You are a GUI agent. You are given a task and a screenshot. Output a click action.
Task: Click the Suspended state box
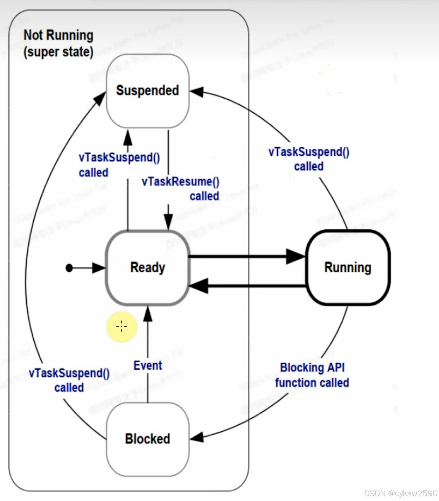tap(148, 91)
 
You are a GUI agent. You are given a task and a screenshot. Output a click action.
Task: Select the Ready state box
tap(148, 268)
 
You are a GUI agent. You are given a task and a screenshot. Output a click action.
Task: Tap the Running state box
tap(347, 268)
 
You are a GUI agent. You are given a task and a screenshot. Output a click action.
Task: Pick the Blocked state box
tap(148, 439)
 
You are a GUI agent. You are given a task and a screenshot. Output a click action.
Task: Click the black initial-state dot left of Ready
tap(69, 268)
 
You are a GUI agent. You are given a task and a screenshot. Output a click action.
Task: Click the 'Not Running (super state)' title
tap(58, 44)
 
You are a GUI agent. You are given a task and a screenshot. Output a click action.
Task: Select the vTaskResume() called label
tap(181, 189)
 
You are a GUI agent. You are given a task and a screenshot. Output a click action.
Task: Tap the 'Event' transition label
tap(148, 366)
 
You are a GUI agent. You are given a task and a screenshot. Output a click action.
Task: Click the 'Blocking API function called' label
tap(312, 375)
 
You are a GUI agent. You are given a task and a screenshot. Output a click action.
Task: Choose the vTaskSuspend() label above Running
tap(308, 159)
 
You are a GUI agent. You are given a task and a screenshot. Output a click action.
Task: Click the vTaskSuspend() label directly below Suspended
tap(119, 165)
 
